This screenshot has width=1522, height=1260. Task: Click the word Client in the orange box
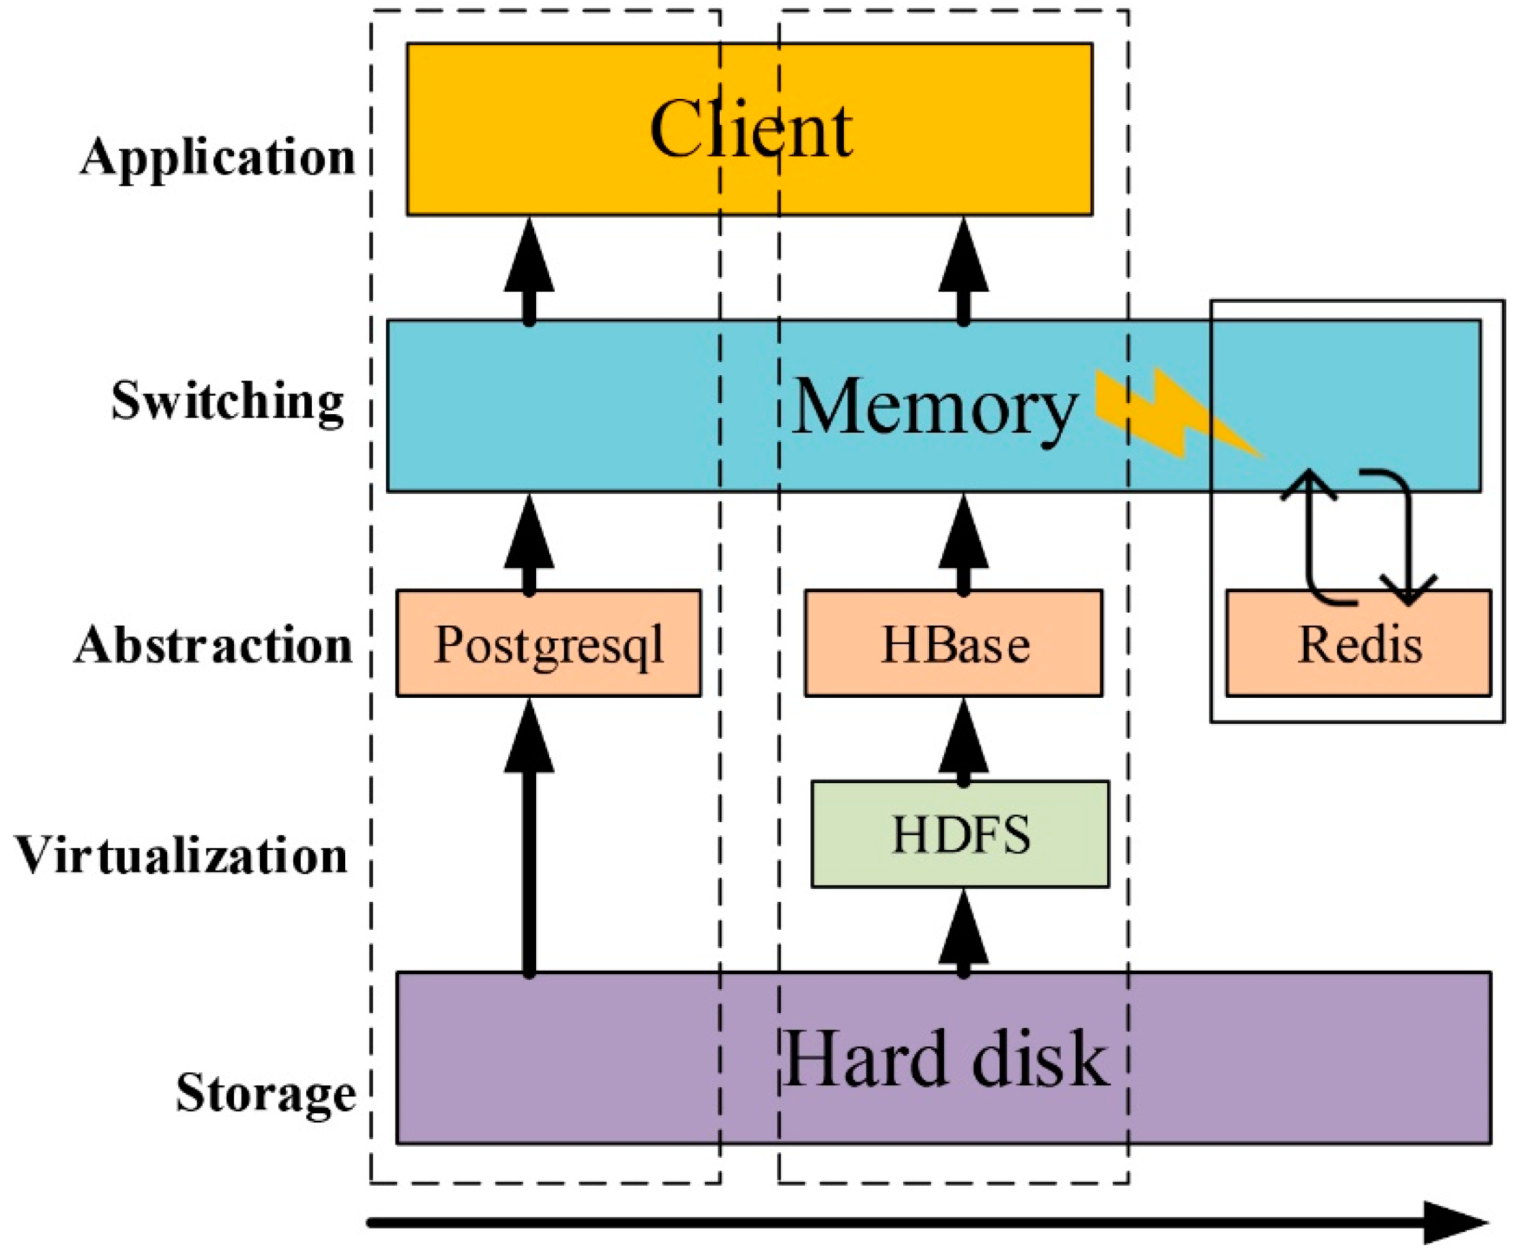[751, 130]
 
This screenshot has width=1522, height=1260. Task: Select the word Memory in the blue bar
[935, 407]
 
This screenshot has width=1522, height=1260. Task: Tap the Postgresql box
[548, 643]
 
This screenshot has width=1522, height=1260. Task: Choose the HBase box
[954, 643]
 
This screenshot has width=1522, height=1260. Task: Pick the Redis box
[1359, 643]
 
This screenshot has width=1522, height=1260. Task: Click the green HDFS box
[961, 834]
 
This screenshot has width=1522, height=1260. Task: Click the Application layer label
[218, 157]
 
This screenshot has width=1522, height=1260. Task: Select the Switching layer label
[227, 400]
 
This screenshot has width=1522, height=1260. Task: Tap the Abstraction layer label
[213, 645]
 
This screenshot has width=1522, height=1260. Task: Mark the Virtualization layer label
[181, 855]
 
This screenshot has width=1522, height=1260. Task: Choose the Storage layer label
[265, 1093]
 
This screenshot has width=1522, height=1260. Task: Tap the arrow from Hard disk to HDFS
[963, 935]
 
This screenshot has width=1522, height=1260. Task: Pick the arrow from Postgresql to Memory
[529, 544]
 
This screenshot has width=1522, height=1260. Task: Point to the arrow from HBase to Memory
[963, 544]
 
